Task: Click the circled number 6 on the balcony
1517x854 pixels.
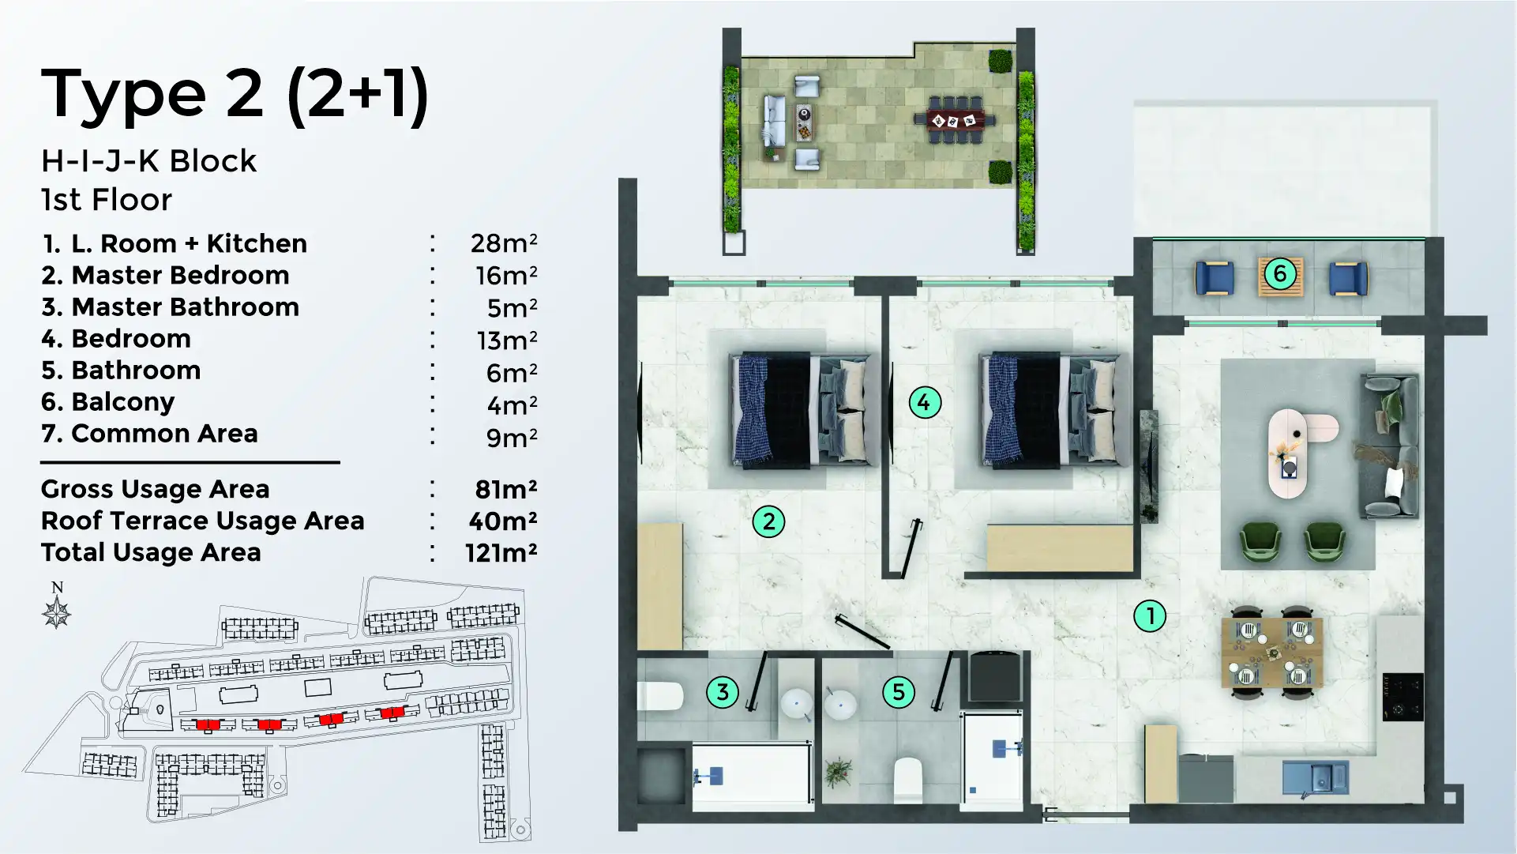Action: point(1280,274)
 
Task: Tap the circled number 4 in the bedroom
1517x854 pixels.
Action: point(924,402)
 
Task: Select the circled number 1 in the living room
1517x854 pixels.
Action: point(1150,615)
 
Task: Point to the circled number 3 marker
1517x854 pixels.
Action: point(722,692)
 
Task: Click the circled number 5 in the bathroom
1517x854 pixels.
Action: point(898,692)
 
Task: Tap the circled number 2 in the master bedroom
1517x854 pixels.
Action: point(768,521)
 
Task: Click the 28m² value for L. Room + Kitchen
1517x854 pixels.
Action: point(503,243)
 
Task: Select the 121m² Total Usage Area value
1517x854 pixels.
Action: point(501,552)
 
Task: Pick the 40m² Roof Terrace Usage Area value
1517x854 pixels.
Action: point(502,521)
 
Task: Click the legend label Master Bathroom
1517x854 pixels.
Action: point(185,307)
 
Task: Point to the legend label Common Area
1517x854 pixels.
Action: point(164,433)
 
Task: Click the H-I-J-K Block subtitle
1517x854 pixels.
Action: point(148,161)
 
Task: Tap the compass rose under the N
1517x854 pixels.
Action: point(57,613)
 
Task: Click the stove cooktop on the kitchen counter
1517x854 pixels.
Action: point(1402,697)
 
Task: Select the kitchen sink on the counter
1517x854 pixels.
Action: point(1315,777)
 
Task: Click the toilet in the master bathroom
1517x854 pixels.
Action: point(660,696)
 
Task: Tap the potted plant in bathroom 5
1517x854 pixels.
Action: point(837,771)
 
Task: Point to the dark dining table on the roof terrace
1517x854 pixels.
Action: point(954,121)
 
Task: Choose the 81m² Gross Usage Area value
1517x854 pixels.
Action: point(505,489)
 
